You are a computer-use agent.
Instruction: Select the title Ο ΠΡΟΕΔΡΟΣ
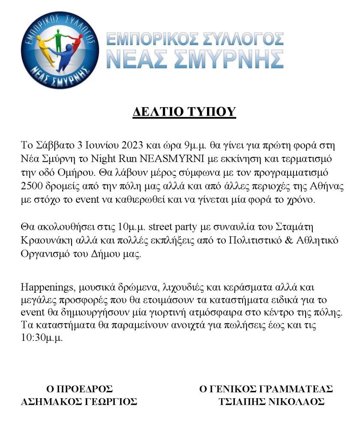(x=79, y=389)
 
